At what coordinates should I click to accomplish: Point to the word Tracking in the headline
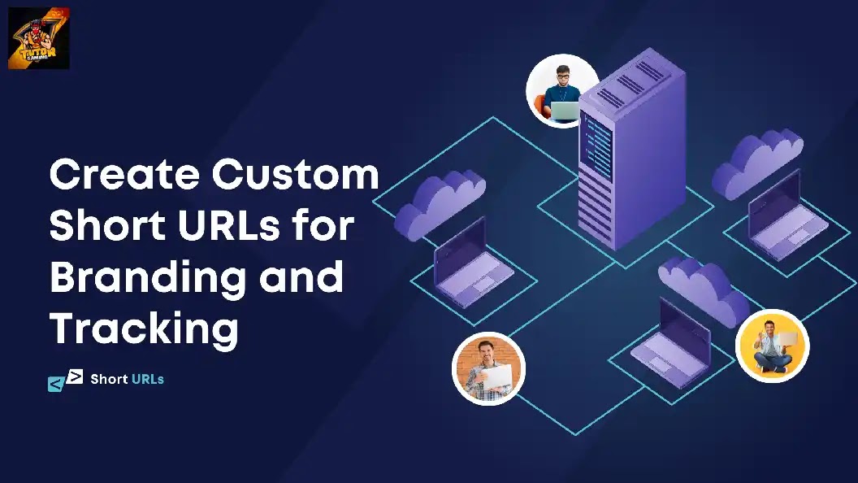[144, 329]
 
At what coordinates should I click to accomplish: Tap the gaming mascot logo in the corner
[38, 38]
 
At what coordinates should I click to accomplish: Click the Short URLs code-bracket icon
[65, 381]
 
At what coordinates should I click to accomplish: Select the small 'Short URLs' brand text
[127, 379]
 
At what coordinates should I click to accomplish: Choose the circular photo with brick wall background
[488, 369]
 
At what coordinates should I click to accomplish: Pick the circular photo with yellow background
[772, 346]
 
